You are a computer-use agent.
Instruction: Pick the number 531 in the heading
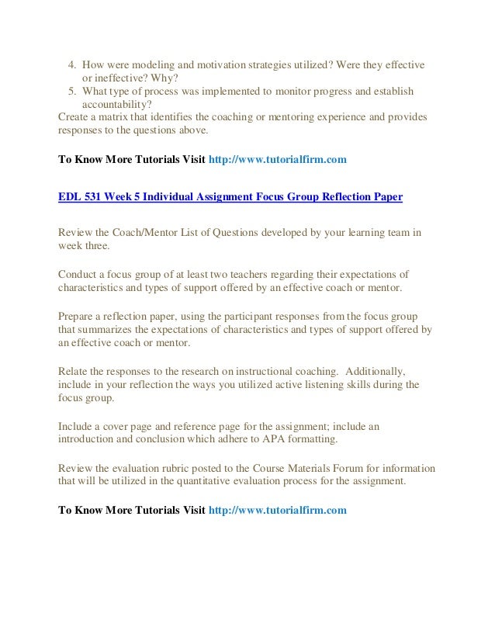point(94,197)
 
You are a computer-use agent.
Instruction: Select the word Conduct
point(78,274)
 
